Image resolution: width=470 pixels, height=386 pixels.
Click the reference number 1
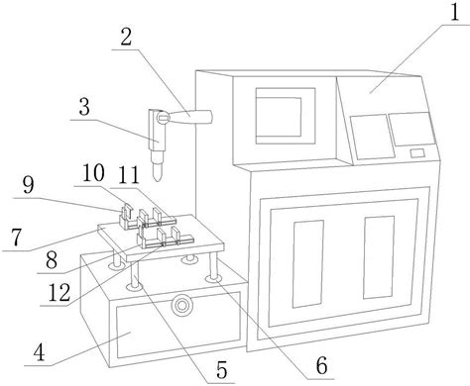454,12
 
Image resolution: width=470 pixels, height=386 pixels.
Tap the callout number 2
126,37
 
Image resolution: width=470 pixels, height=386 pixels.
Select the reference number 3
84,107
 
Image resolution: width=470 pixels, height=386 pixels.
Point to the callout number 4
39,352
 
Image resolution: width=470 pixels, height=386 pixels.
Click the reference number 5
222,369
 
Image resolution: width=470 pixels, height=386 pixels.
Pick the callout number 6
321,365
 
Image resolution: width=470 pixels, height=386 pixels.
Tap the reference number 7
17,238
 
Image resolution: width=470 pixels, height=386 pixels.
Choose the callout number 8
52,260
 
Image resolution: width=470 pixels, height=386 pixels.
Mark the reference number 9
28,185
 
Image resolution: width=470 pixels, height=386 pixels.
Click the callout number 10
93,173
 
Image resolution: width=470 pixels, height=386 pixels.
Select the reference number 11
129,175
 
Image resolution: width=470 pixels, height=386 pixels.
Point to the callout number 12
59,293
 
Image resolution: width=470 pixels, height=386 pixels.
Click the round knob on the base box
180,305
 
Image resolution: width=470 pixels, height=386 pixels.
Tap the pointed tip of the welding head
158,180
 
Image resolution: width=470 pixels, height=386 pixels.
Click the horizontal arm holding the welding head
188,117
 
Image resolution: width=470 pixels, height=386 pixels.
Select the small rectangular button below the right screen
417,153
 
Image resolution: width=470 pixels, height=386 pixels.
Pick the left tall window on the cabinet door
308,264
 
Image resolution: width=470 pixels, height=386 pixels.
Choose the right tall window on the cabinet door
379,257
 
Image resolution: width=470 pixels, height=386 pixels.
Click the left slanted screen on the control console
373,137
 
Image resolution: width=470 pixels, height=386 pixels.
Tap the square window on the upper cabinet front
286,116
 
